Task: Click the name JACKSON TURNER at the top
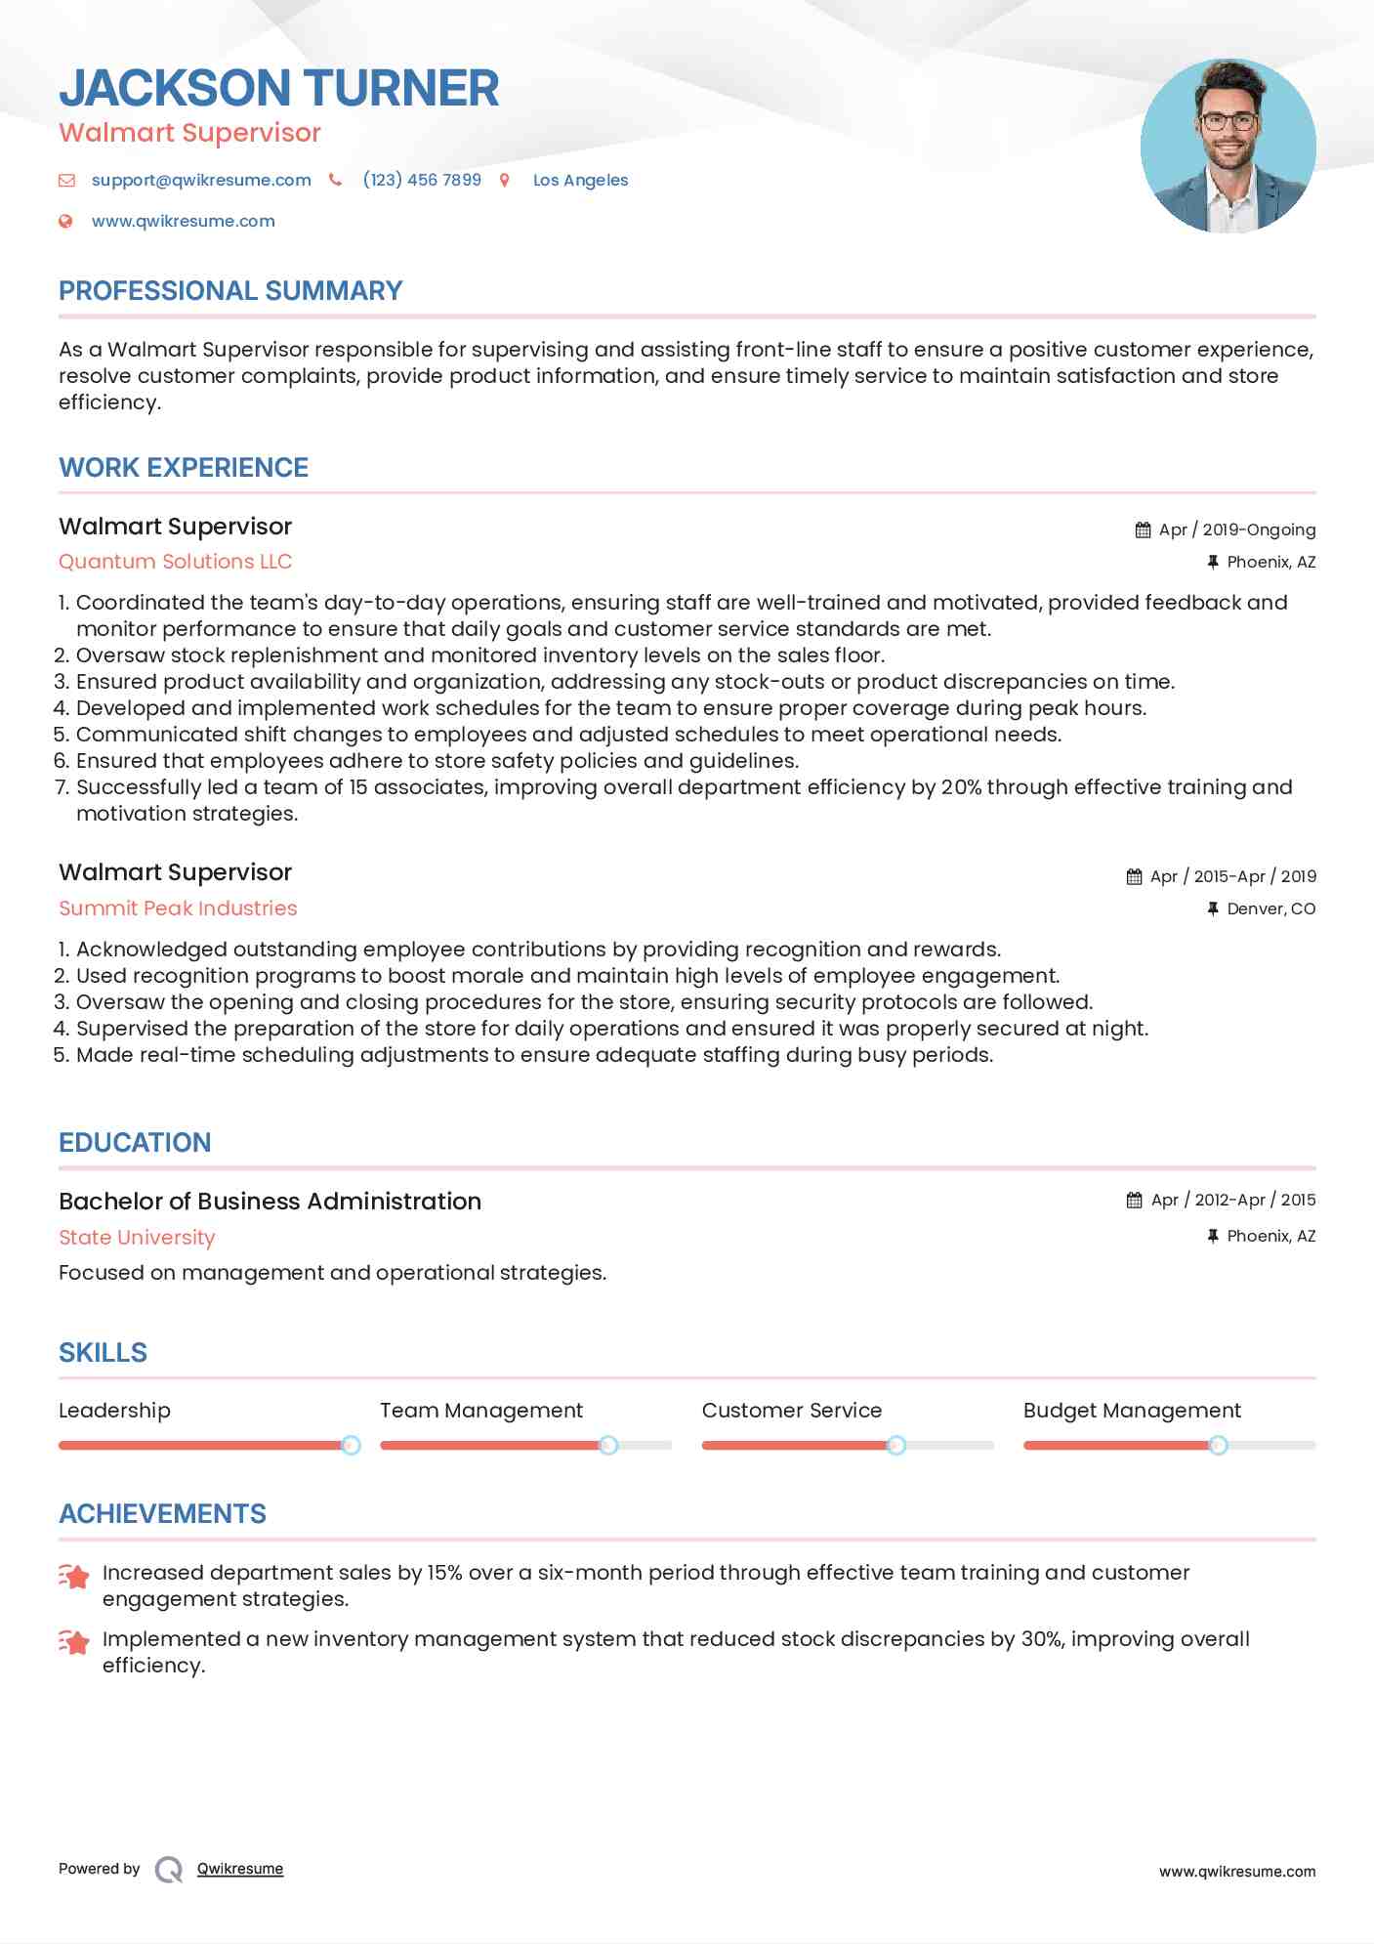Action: tap(278, 88)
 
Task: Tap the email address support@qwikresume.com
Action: tap(201, 180)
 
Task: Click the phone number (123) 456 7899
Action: tap(422, 180)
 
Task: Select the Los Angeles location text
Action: tap(580, 180)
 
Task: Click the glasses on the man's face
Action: tap(1228, 122)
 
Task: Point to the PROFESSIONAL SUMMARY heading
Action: tap(230, 291)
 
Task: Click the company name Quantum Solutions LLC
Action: tap(175, 562)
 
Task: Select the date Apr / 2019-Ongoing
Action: tap(1236, 529)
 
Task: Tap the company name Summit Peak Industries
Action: tap(178, 909)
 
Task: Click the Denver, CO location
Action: tap(1270, 909)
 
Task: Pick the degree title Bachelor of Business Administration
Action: tap(270, 1202)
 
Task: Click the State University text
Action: tap(137, 1238)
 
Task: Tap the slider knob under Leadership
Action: tap(351, 1445)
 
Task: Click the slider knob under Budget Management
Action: tap(1218, 1445)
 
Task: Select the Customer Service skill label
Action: tap(791, 1411)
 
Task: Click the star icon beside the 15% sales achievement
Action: tap(74, 1576)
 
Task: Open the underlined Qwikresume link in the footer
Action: tap(239, 1869)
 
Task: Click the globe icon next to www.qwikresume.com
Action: tap(65, 221)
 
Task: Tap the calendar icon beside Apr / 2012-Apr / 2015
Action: tap(1134, 1200)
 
